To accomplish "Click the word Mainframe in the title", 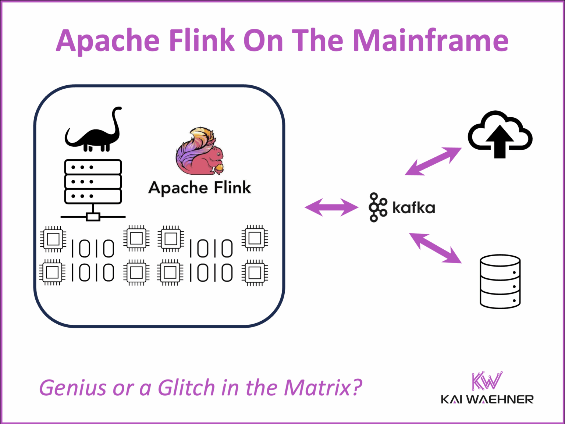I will pos(430,40).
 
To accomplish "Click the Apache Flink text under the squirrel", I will pos(200,188).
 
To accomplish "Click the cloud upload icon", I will pos(500,134).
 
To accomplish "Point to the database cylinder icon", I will pos(500,281).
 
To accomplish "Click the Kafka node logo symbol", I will pos(378,207).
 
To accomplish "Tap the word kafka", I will pos(413,208).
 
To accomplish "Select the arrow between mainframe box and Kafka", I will pos(331,207).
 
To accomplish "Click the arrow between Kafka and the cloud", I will pos(433,161).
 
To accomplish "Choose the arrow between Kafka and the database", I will pos(435,248).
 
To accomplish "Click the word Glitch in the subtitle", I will pos(186,388).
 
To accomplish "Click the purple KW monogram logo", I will pos(487,381).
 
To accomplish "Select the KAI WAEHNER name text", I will pos(487,399).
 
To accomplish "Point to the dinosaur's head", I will pos(117,109).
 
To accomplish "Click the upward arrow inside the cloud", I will pos(500,142).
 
